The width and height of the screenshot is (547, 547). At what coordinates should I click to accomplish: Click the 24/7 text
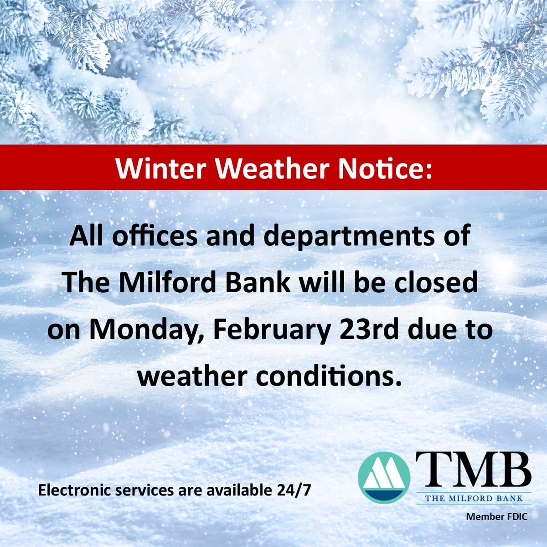click(296, 491)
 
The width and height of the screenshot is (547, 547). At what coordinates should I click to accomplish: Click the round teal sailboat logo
click(384, 477)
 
